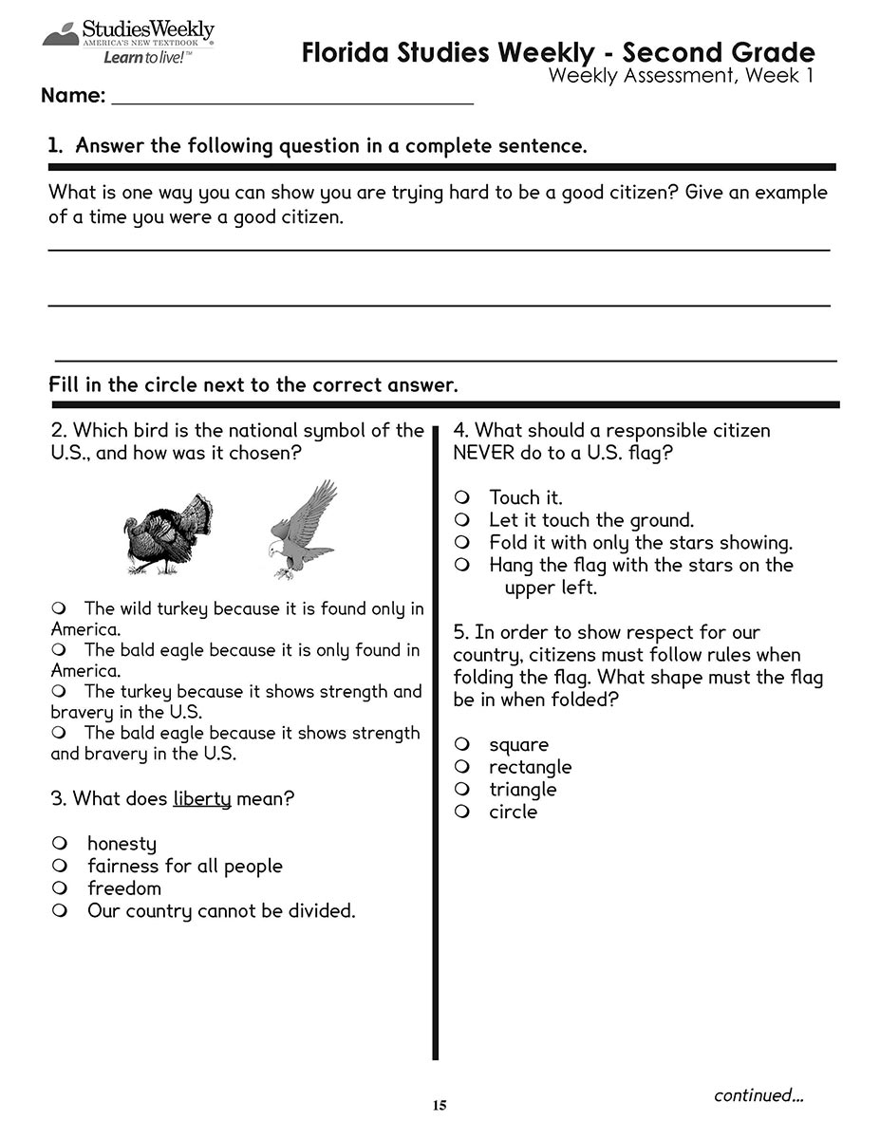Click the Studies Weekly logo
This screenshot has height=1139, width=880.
point(127,42)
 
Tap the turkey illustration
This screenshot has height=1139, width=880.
point(169,535)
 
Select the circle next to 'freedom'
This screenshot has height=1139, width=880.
point(60,888)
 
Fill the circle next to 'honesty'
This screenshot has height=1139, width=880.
point(60,843)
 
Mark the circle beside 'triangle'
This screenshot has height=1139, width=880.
point(462,790)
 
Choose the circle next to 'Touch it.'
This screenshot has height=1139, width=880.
point(462,497)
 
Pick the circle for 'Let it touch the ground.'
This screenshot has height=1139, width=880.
point(462,520)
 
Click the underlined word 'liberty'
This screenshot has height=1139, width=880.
point(202,799)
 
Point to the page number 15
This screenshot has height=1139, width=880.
point(439,1105)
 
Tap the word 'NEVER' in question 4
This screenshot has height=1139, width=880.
point(484,454)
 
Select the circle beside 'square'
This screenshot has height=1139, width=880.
point(462,744)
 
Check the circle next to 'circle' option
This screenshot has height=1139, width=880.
point(462,812)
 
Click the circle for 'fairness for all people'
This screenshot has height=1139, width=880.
point(60,866)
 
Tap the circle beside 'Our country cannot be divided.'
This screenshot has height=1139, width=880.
point(60,911)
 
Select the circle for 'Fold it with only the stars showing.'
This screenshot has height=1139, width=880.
point(462,543)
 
